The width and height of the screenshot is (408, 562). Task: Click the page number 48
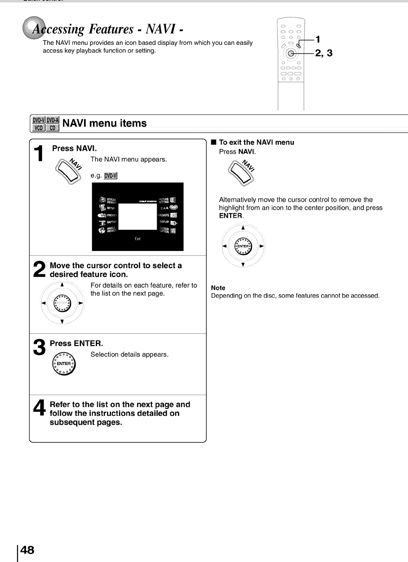pyautogui.click(x=27, y=550)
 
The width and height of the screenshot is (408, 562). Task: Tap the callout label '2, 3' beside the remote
pyautogui.click(x=323, y=53)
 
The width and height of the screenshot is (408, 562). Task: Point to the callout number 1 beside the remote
pyautogui.click(x=317, y=39)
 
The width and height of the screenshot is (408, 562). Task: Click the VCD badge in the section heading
pyautogui.click(x=38, y=128)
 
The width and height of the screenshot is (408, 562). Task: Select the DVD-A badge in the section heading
pyautogui.click(x=53, y=120)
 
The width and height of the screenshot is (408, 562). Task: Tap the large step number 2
pyautogui.click(x=39, y=269)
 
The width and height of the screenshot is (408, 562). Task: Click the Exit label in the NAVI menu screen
pyautogui.click(x=137, y=239)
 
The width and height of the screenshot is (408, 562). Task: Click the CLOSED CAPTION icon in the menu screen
pyautogui.click(x=173, y=231)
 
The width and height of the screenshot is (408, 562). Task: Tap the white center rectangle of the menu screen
pyautogui.click(x=137, y=216)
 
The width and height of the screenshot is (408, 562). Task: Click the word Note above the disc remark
pyautogui.click(x=218, y=288)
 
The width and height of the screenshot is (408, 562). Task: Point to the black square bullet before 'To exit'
pyautogui.click(x=214, y=142)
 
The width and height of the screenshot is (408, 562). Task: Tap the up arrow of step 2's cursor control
pyautogui.click(x=62, y=285)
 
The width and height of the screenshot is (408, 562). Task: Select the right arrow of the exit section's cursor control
pyautogui.click(x=262, y=246)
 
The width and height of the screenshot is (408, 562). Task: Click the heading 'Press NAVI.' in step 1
pyautogui.click(x=75, y=149)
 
